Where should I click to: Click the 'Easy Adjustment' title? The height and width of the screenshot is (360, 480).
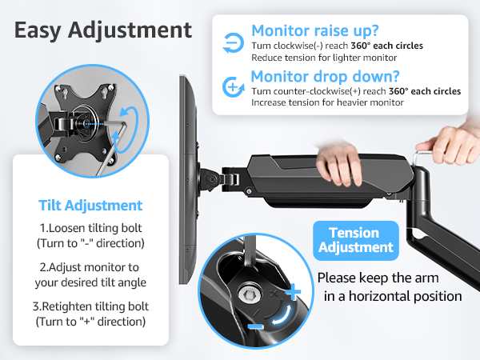pos(103,30)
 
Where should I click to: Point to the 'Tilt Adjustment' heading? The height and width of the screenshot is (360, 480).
pos(90,206)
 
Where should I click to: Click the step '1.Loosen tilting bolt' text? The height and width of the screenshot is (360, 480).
pos(90,226)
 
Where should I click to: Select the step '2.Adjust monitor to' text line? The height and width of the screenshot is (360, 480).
pos(90,266)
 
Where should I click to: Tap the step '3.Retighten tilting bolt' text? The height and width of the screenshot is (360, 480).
pos(90,306)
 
